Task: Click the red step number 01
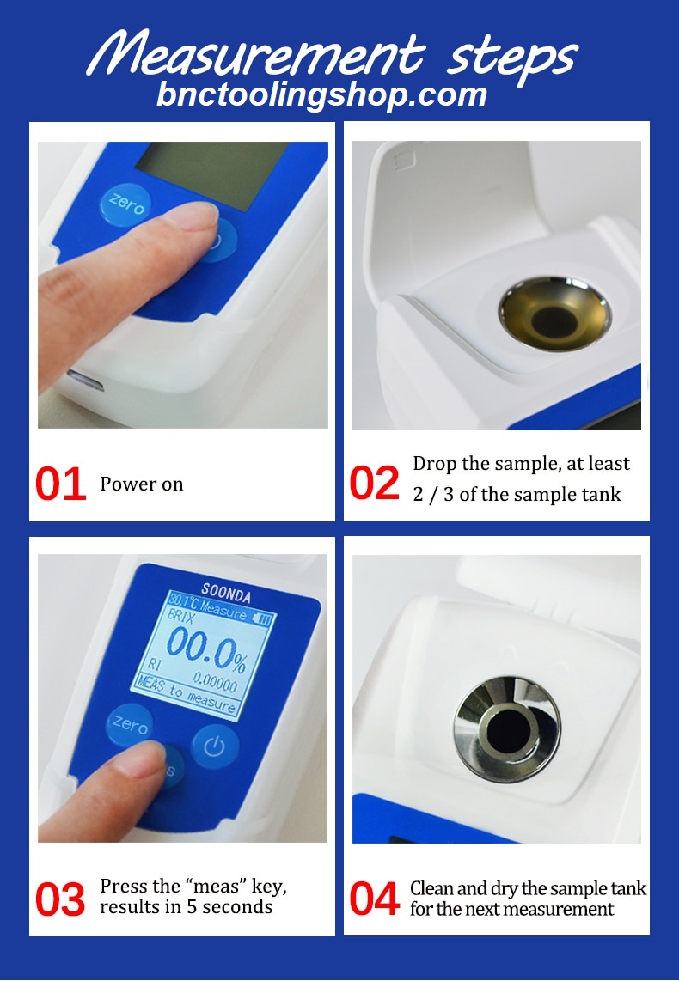60,484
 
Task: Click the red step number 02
375,484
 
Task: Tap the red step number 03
60,899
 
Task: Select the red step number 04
375,899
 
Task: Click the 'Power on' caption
142,484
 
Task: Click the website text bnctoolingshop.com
321,94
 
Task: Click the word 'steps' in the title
512,57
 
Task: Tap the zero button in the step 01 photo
125,205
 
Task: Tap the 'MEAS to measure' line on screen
187,697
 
